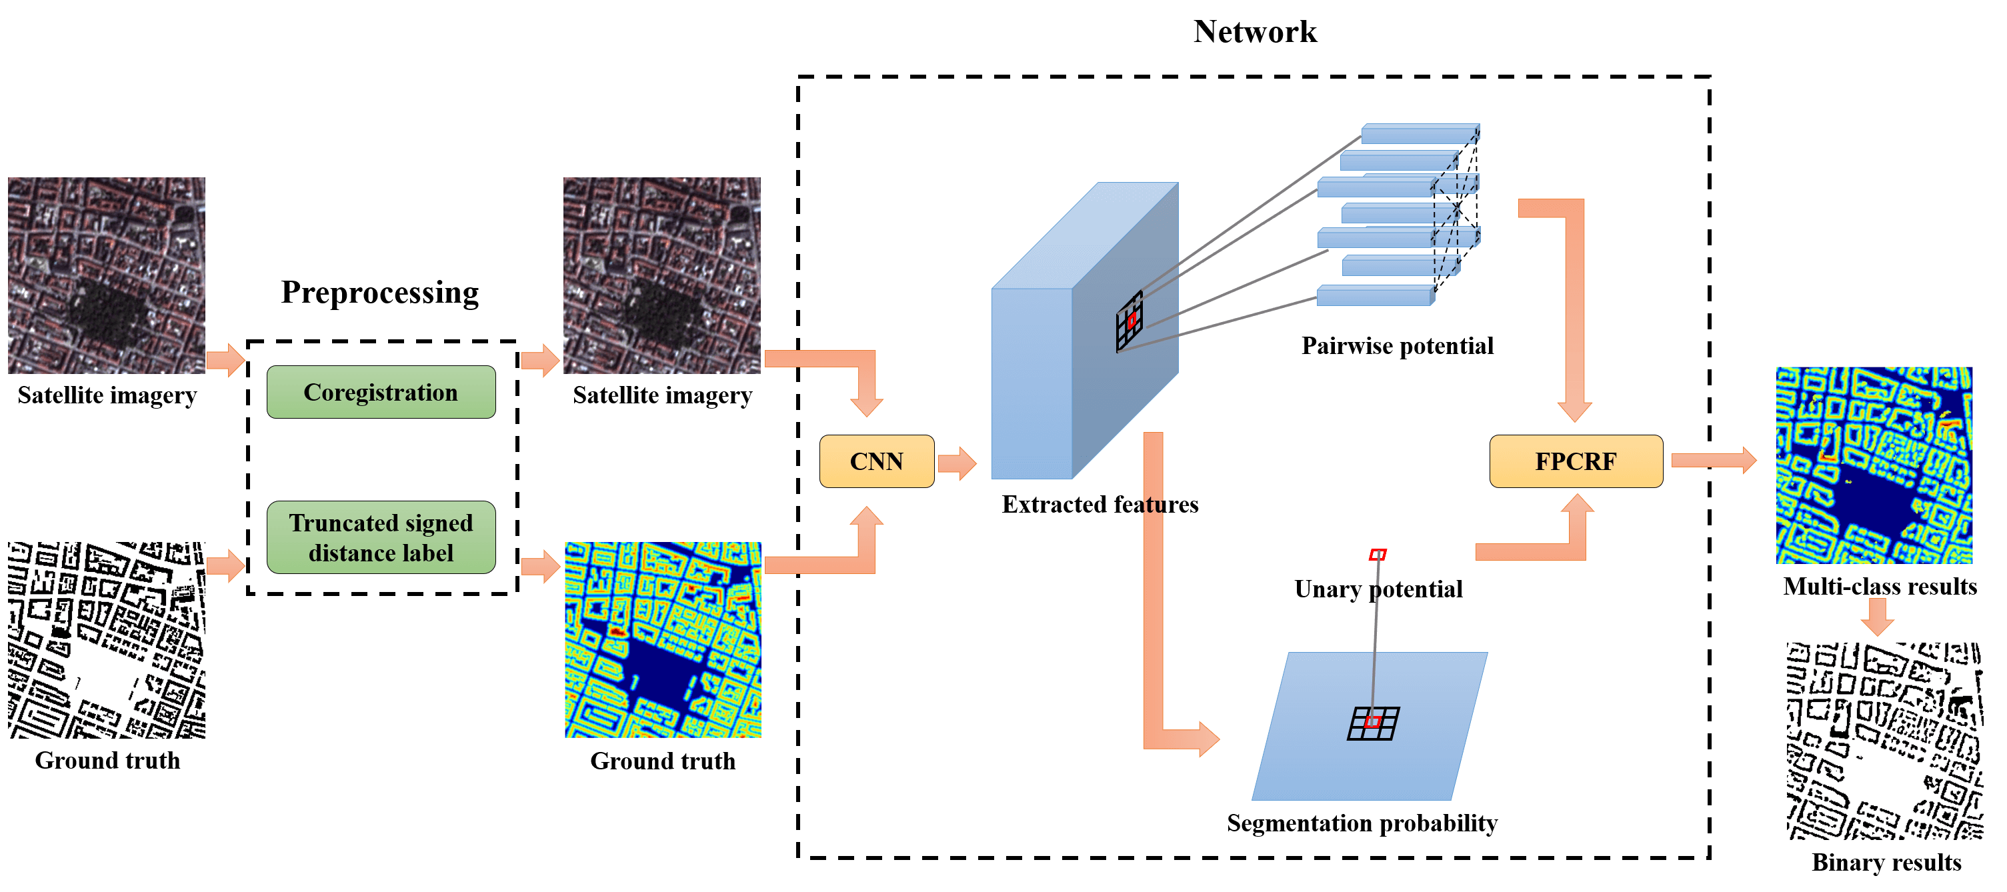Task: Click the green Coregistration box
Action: (x=380, y=392)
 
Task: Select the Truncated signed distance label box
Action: (x=380, y=537)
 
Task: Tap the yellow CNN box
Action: (x=877, y=461)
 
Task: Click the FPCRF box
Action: (x=1576, y=461)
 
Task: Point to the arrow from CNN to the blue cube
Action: (x=957, y=463)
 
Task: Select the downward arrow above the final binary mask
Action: (x=1878, y=615)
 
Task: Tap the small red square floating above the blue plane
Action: (x=1378, y=555)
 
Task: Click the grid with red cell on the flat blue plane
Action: (x=1373, y=723)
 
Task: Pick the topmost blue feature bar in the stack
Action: (x=1420, y=134)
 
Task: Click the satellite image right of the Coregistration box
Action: (x=661, y=275)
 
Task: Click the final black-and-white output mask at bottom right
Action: (x=1884, y=740)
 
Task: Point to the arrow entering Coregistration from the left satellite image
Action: (x=226, y=360)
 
